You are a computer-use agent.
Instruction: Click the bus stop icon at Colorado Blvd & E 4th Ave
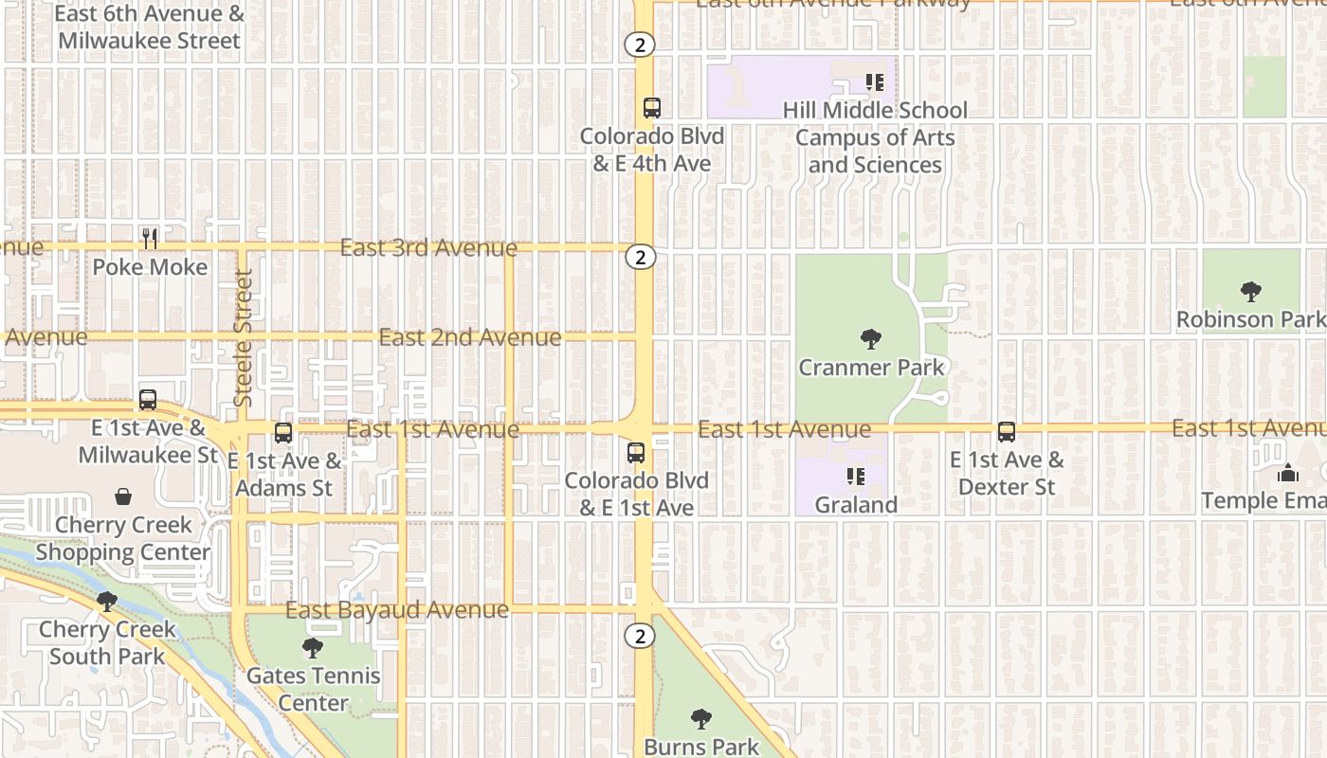pyautogui.click(x=651, y=108)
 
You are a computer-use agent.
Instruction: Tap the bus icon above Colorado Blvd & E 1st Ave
pyautogui.click(x=636, y=453)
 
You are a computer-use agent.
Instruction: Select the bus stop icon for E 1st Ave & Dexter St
pyautogui.click(x=1007, y=432)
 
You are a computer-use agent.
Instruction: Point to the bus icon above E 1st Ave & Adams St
pyautogui.click(x=282, y=433)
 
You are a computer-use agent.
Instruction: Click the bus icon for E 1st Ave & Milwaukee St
pyautogui.click(x=147, y=400)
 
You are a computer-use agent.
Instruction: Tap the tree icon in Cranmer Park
pyautogui.click(x=870, y=338)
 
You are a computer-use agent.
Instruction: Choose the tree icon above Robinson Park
pyautogui.click(x=1250, y=291)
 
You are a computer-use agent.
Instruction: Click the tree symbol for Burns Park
pyautogui.click(x=701, y=719)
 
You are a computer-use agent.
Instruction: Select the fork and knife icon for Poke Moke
pyautogui.click(x=150, y=238)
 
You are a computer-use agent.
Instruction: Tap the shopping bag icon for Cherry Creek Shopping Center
pyautogui.click(x=123, y=496)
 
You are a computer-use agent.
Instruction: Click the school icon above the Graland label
pyautogui.click(x=856, y=477)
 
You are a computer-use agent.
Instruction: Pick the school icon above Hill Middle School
pyautogui.click(x=875, y=82)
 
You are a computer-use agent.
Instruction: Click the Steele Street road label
pyautogui.click(x=244, y=338)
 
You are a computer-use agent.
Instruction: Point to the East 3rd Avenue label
pyautogui.click(x=428, y=248)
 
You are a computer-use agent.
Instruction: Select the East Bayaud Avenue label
pyautogui.click(x=397, y=610)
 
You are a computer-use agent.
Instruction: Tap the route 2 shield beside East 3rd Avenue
pyautogui.click(x=641, y=257)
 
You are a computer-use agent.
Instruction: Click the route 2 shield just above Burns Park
pyautogui.click(x=641, y=637)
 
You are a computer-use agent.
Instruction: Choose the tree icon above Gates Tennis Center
pyautogui.click(x=312, y=648)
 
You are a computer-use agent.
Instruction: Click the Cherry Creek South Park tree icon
pyautogui.click(x=107, y=602)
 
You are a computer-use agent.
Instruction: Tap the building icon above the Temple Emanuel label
pyautogui.click(x=1288, y=472)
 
